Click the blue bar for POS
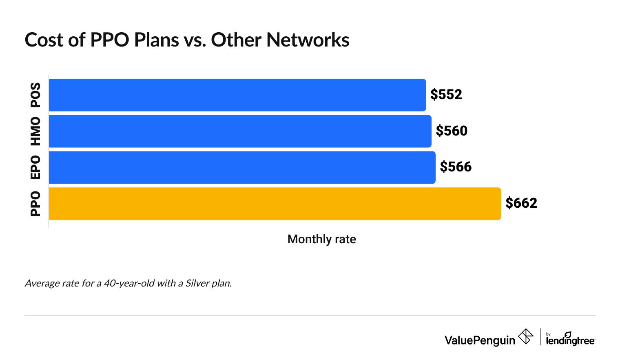(237, 95)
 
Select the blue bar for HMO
(240, 131)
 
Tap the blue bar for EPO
(242, 167)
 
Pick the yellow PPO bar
(275, 204)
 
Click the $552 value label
(446, 95)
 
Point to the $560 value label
(452, 131)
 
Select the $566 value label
(456, 167)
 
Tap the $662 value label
(521, 203)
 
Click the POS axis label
(36, 95)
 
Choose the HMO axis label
(36, 131)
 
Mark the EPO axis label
(36, 167)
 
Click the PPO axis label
(36, 204)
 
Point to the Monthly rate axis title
(321, 239)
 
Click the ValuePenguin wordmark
(480, 340)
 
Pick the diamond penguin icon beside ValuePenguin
(525, 337)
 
